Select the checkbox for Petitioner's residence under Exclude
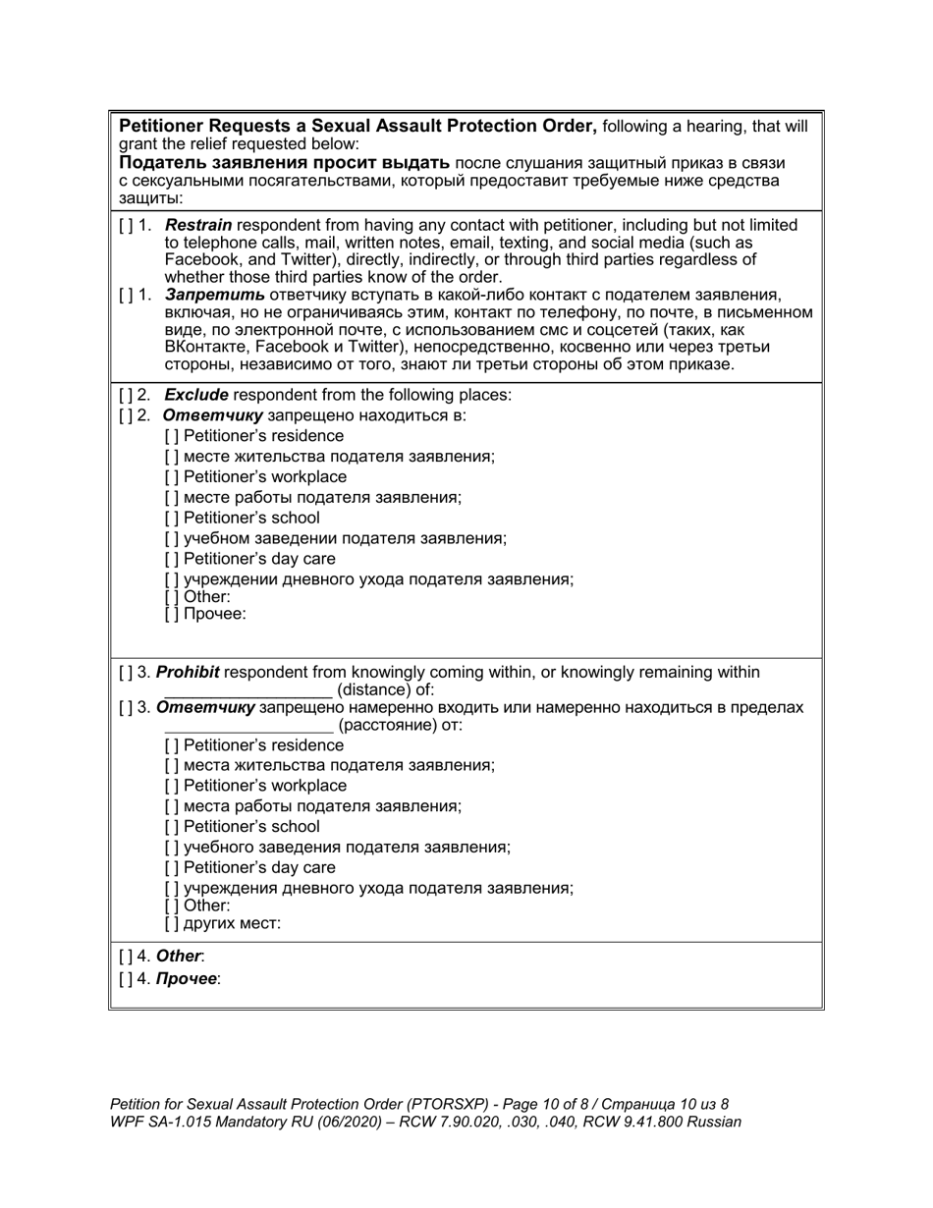click(x=172, y=436)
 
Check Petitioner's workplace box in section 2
click(x=172, y=477)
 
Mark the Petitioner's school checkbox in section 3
click(x=172, y=827)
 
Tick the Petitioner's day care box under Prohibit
click(x=172, y=868)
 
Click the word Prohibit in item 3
click(x=188, y=673)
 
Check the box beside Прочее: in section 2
click(x=172, y=615)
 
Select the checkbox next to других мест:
click(x=172, y=924)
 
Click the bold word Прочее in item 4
click(x=187, y=979)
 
